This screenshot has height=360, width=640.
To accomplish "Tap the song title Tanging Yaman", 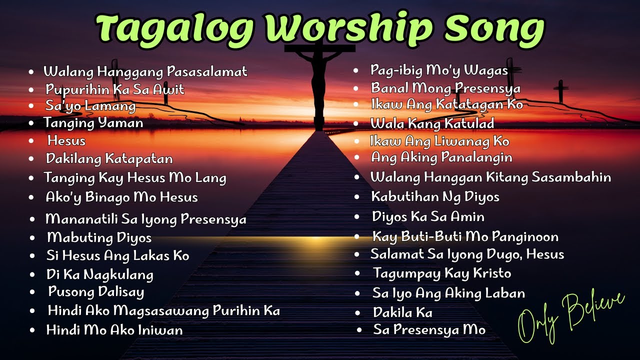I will tap(93, 123).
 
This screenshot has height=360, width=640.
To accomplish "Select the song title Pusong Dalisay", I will tap(96, 291).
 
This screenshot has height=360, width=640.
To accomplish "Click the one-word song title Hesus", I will tap(66, 141).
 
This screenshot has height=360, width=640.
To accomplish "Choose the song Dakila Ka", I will tap(402, 312).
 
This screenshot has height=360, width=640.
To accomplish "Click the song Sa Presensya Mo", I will tap(429, 330).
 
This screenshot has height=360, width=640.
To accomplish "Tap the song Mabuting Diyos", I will tap(99, 237).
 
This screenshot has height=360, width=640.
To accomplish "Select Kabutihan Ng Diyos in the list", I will tap(435, 197).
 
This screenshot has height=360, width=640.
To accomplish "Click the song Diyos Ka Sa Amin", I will tap(428, 217).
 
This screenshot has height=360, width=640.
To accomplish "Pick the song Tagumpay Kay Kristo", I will tap(442, 273).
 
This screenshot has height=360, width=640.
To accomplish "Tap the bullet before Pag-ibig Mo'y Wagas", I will tap(356, 71).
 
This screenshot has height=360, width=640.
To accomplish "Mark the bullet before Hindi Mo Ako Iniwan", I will tap(33, 330).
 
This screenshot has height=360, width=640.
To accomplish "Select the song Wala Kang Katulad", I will tap(432, 123).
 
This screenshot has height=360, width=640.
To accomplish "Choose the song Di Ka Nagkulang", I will tap(99, 274).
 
